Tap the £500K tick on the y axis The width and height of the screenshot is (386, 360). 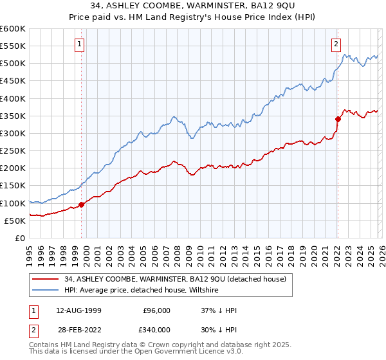click(x=12, y=64)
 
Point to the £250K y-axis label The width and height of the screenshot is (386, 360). click(x=12, y=150)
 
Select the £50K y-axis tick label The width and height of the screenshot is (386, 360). click(x=15, y=221)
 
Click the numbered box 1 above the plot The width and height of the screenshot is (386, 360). click(x=80, y=44)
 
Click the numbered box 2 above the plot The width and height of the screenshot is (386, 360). click(x=336, y=44)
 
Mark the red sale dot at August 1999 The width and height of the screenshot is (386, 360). click(x=82, y=205)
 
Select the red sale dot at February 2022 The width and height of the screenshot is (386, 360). click(x=338, y=118)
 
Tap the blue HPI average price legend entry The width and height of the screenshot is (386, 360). click(x=142, y=291)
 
